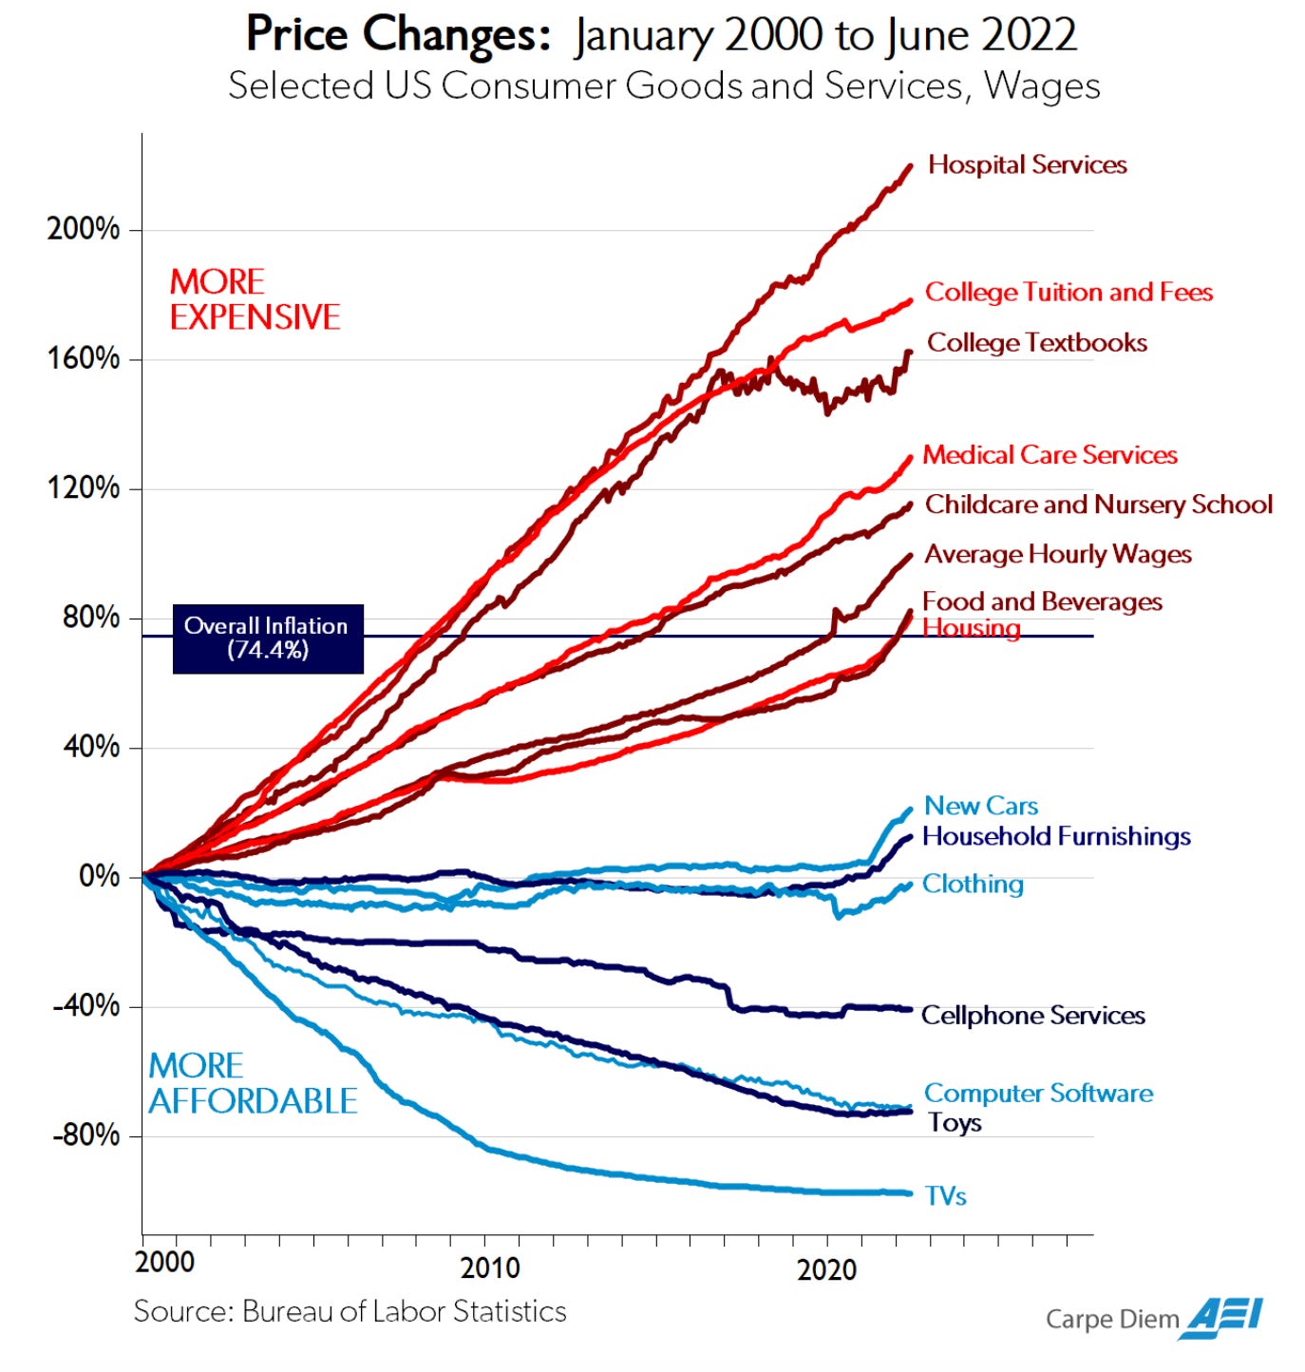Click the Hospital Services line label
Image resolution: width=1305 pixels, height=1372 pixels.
pos(1027,165)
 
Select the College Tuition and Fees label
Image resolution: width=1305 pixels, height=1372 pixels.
pos(1069,293)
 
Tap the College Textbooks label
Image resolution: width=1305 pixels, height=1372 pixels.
pos(1036,343)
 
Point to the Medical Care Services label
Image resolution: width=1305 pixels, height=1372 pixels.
pos(1050,455)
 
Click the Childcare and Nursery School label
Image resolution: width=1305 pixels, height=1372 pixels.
pos(1099,505)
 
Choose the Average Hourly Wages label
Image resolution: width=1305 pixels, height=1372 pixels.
pos(1058,555)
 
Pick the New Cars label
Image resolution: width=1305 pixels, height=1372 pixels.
pos(981,807)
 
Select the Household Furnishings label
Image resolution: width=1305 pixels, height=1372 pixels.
pos(1056,837)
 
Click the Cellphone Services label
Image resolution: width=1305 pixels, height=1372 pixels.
pos(1033,1016)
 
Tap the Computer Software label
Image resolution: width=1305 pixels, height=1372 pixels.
pos(1038,1094)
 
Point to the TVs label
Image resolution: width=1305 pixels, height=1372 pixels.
pos(945,1196)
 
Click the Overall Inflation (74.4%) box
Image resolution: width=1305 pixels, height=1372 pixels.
pos(267,638)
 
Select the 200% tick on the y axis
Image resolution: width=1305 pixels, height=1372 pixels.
pos(84,229)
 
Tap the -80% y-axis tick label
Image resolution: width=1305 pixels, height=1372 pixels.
pos(86,1135)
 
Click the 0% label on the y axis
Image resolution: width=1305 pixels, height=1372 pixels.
pos(99,876)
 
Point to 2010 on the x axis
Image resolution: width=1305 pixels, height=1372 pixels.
pos(490,1268)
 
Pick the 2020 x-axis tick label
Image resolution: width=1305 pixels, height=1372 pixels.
pos(826,1269)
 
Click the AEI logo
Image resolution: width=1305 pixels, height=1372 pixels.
pos(1221,1318)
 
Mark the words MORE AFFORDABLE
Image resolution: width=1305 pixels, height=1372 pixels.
pos(253,1083)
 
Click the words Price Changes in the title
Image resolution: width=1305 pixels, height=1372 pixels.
pos(398,35)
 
